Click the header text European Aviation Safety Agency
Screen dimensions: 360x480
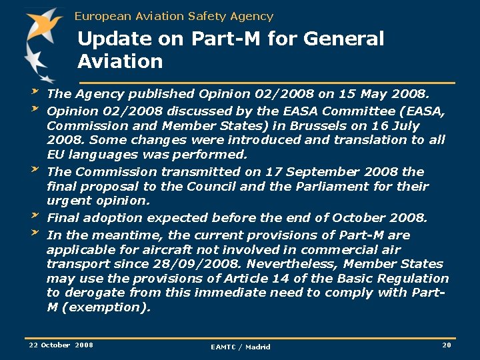coord(174,16)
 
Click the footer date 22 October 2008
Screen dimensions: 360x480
coord(61,345)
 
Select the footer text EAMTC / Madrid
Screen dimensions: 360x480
coord(241,347)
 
